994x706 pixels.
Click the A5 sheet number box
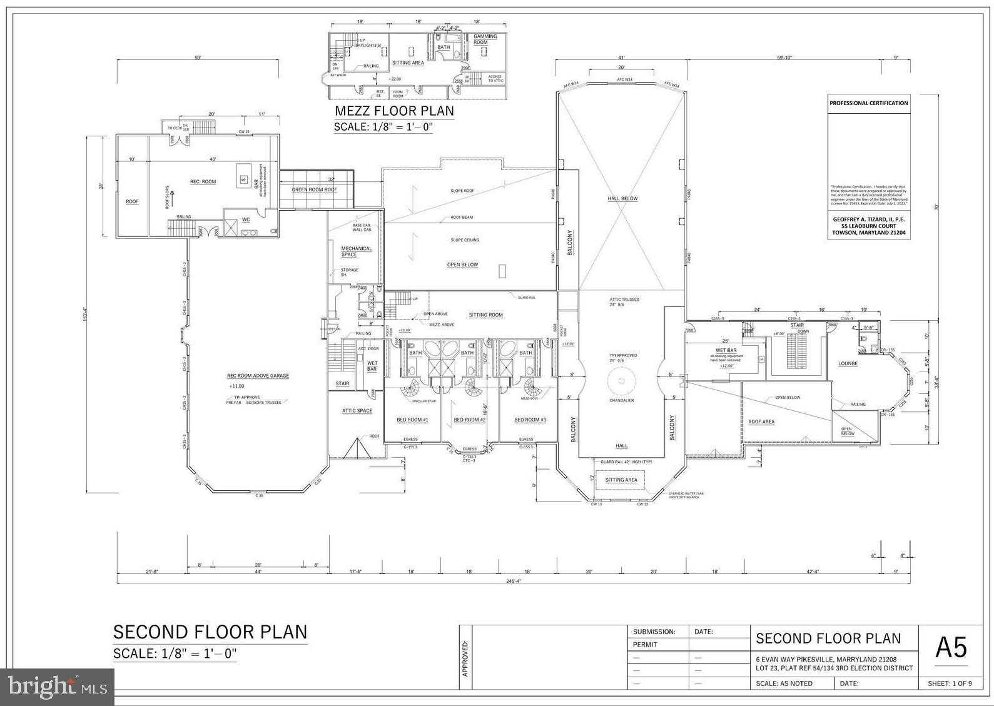click(950, 648)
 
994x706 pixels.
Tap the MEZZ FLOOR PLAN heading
click(394, 111)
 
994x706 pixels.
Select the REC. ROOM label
click(203, 182)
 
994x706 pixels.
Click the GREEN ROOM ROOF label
click(314, 189)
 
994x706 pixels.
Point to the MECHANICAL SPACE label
click(356, 251)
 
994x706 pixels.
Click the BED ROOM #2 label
click(469, 420)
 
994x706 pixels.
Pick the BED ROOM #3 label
click(530, 420)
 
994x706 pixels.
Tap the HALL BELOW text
click(622, 199)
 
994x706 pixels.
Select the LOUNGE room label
click(848, 363)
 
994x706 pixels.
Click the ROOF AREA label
click(761, 422)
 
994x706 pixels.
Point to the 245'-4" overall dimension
click(514, 581)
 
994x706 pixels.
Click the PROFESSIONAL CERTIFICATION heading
click(868, 103)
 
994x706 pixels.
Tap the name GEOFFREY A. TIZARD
click(868, 219)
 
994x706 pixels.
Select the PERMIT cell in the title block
click(645, 645)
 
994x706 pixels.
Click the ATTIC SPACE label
click(357, 411)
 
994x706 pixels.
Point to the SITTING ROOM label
click(486, 315)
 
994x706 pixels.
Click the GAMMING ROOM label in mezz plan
click(485, 39)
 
